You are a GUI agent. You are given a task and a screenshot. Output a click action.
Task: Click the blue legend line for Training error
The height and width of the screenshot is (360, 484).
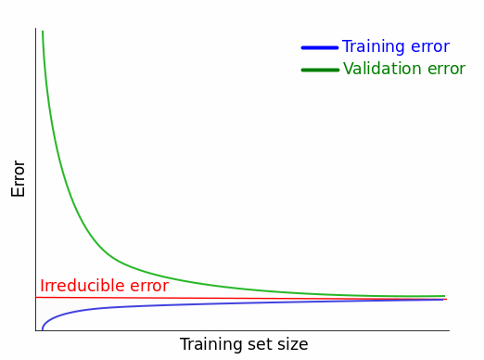320,47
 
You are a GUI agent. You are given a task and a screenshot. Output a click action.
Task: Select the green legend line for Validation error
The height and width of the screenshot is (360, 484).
320,71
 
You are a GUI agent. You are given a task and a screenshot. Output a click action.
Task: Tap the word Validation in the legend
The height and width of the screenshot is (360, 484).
383,69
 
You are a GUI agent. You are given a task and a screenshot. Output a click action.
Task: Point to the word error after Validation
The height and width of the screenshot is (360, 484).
447,70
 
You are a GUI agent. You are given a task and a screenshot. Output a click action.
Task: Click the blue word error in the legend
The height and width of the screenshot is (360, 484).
430,47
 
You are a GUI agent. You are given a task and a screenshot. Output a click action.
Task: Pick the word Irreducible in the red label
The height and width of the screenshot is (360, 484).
83,285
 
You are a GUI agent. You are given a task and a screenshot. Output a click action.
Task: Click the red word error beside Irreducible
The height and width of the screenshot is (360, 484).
149,287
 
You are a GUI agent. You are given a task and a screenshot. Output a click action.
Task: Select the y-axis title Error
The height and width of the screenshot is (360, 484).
18,179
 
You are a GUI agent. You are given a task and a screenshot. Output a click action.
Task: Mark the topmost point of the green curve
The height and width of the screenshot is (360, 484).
43,32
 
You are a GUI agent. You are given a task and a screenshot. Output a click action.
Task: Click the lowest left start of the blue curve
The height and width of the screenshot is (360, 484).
43,329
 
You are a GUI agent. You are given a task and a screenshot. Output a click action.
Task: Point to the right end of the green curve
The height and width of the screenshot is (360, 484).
444,296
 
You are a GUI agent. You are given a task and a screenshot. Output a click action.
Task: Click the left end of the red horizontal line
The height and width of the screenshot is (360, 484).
36,297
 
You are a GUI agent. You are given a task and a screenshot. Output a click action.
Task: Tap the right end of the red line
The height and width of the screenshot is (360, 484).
447,299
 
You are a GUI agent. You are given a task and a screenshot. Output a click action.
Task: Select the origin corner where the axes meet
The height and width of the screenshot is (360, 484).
36,330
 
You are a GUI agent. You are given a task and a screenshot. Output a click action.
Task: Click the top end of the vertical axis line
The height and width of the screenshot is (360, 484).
36,29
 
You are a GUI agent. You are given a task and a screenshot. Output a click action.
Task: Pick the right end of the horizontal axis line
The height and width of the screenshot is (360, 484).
449,330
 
